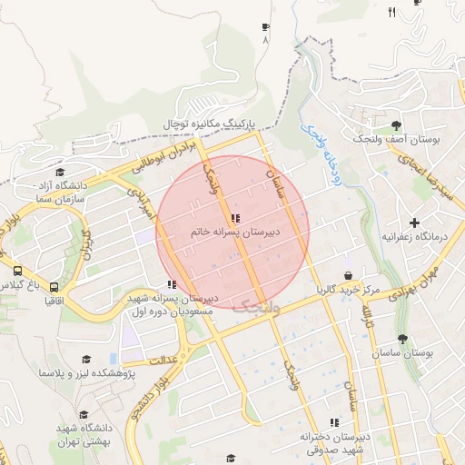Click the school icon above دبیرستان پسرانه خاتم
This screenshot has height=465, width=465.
236,218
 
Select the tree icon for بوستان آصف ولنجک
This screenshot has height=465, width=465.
396,125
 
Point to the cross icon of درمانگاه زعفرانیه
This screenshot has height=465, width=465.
414,223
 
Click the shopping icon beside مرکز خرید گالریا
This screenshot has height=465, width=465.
348,275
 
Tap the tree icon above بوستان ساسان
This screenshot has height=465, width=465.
402,338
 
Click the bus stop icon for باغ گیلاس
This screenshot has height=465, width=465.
17,271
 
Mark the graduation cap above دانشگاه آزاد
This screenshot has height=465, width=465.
60,172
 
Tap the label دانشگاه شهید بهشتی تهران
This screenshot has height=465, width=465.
84,434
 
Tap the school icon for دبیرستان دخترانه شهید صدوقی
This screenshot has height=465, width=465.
335,422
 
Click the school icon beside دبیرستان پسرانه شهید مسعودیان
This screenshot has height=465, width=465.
172,284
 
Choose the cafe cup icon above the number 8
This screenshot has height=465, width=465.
265,27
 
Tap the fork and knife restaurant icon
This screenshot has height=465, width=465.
391,12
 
